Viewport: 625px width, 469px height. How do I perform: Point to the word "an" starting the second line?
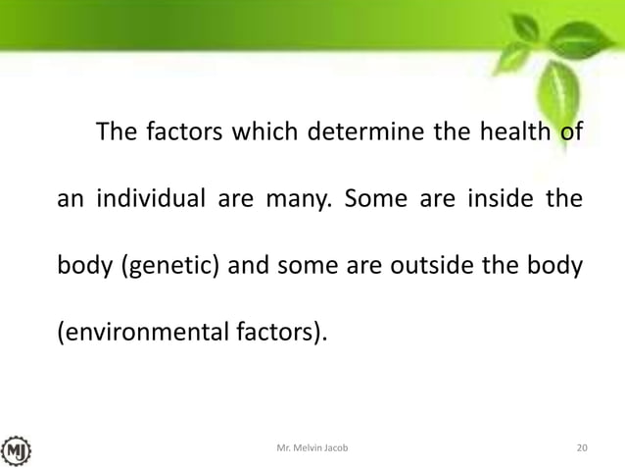tap(68, 200)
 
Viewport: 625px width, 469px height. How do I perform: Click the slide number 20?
tap(582, 448)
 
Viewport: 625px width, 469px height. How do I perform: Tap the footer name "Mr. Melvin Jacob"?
tap(312, 448)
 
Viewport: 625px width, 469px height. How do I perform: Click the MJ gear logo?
tap(17, 448)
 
